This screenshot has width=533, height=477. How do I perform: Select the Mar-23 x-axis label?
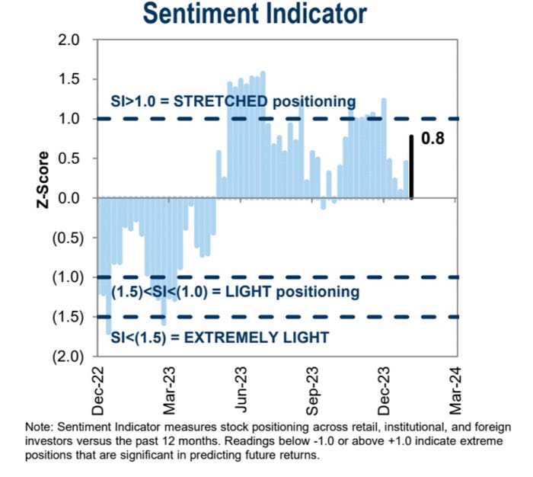(168, 389)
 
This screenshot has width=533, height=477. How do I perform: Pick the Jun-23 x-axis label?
(241, 389)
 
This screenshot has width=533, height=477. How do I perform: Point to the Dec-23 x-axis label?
(385, 389)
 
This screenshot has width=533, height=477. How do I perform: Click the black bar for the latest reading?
(412, 167)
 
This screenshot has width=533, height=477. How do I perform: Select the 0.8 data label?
(432, 139)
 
